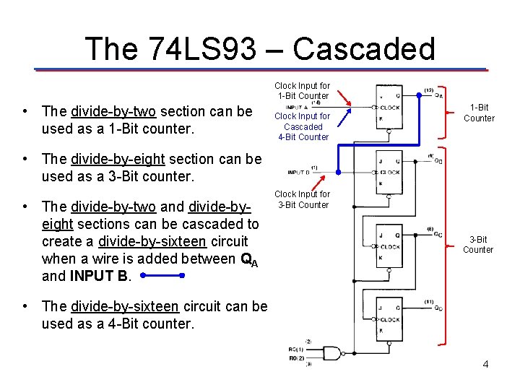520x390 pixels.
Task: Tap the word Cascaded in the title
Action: [364, 48]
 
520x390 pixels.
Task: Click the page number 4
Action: [485, 364]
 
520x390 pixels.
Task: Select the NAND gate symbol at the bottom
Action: [331, 353]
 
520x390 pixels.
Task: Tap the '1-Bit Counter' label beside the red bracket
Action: [479, 113]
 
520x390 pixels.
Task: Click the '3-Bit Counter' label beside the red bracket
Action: [479, 244]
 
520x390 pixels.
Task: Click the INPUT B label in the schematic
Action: [299, 173]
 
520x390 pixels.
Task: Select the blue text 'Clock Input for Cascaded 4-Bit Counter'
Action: [303, 126]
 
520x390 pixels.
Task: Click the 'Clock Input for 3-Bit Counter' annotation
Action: [303, 199]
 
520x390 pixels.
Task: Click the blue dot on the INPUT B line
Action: [337, 173]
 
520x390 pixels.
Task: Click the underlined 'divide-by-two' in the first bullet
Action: [113, 111]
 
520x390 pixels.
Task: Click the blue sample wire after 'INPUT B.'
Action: [163, 276]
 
